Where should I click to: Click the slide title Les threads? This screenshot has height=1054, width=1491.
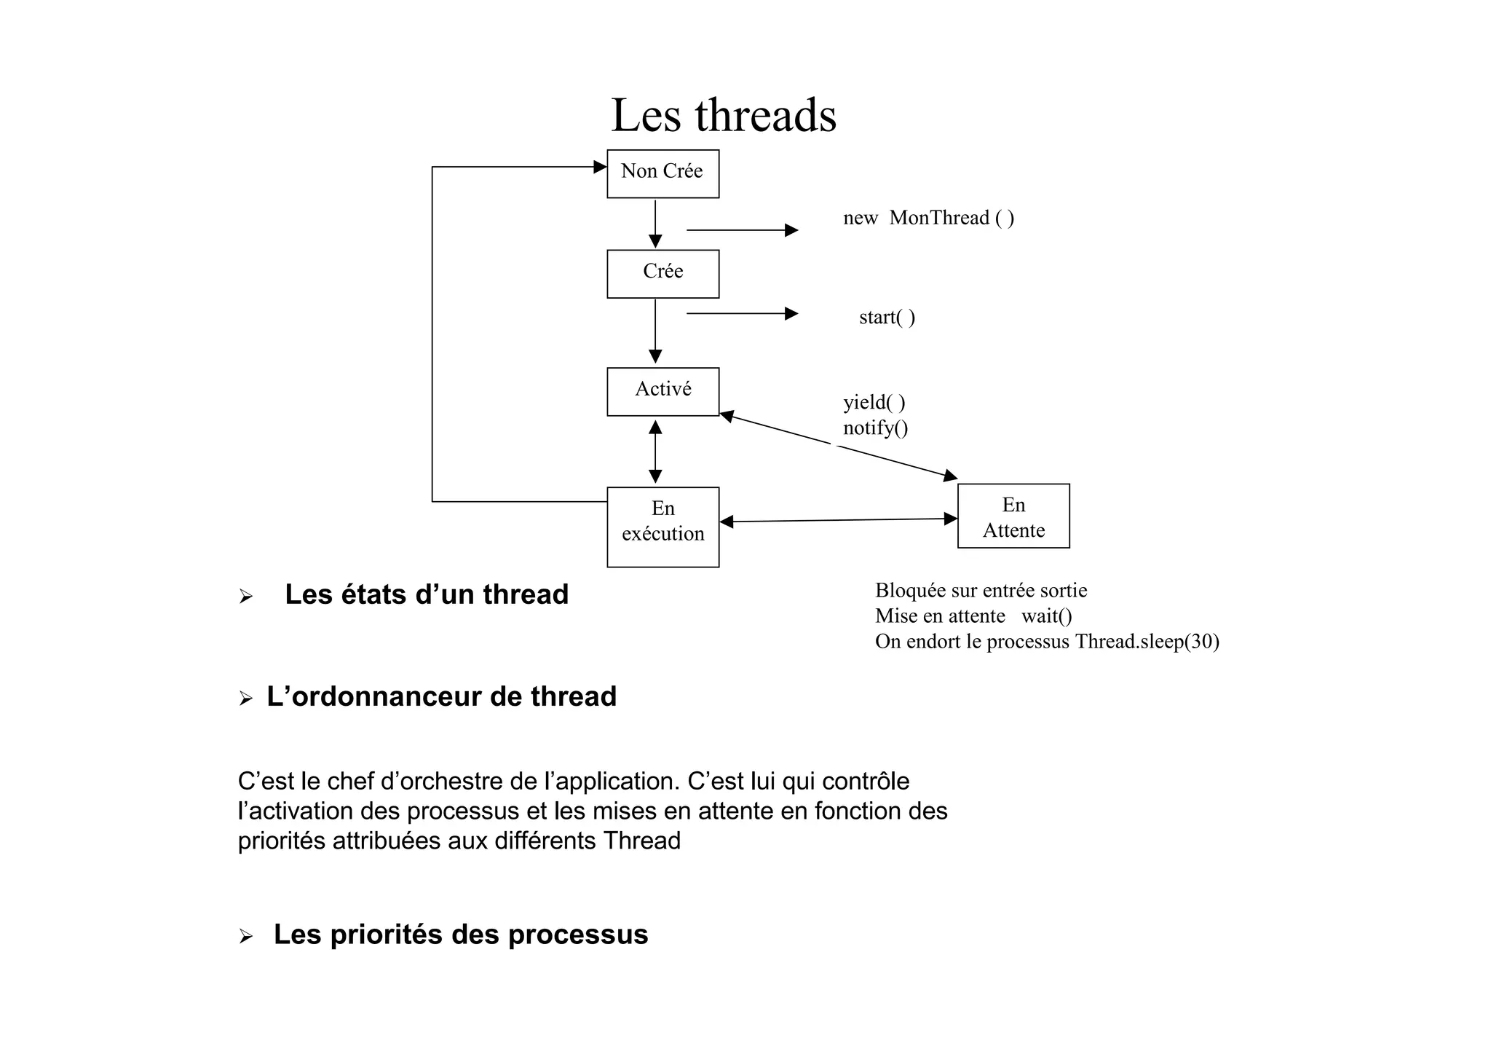pyautogui.click(x=724, y=115)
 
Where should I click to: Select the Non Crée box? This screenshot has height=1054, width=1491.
pyautogui.click(x=663, y=173)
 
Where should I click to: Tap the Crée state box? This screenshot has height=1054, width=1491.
pyautogui.click(x=663, y=274)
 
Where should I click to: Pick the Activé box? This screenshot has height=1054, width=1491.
pyautogui.click(x=663, y=391)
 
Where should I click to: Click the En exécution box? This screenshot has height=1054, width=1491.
pyautogui.click(x=663, y=527)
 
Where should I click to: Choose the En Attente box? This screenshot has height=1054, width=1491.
pyautogui.click(x=1013, y=516)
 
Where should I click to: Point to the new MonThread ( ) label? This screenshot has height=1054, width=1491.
pyautogui.click(x=928, y=218)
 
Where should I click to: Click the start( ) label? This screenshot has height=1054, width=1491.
pyautogui.click(x=887, y=318)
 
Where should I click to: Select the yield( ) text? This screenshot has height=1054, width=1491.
pyautogui.click(x=874, y=402)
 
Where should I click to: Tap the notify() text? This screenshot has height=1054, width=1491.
pyautogui.click(x=875, y=428)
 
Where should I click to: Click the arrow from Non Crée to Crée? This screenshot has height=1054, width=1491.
pyautogui.click(x=655, y=224)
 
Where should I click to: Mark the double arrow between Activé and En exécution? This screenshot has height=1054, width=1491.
pyautogui.click(x=655, y=452)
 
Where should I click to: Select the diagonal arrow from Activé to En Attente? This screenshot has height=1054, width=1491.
pyautogui.click(x=837, y=445)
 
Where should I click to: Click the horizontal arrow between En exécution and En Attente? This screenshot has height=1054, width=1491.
pyautogui.click(x=837, y=520)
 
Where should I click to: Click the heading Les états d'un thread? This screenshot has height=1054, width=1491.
pyautogui.click(x=426, y=594)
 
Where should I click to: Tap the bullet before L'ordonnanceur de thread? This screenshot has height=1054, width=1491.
pyautogui.click(x=245, y=699)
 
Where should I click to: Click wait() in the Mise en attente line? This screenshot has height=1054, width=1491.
pyautogui.click(x=1046, y=616)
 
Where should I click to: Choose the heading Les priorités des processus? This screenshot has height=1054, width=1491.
pyautogui.click(x=460, y=935)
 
